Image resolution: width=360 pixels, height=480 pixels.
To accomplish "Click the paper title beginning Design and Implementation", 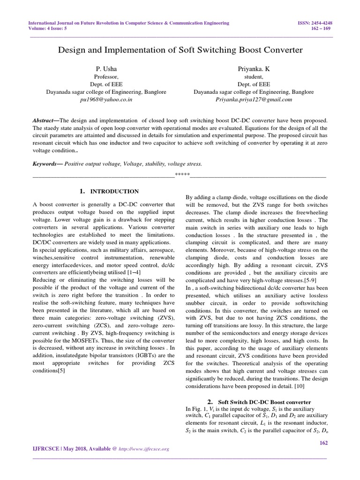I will [180, 49].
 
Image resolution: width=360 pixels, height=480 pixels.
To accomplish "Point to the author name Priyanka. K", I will [254, 69].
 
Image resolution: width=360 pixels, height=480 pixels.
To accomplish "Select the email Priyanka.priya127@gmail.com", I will [254, 99].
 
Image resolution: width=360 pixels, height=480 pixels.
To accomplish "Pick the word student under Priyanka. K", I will [254, 77].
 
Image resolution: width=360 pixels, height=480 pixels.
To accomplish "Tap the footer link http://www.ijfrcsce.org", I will [145, 449].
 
